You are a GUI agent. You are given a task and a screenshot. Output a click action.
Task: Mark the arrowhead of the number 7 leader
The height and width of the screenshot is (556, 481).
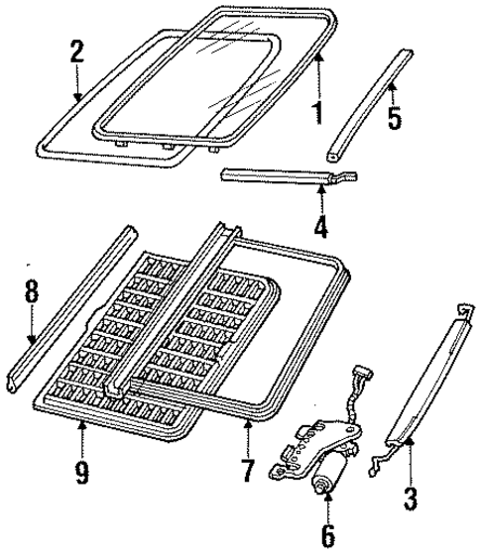coord(247,423)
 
